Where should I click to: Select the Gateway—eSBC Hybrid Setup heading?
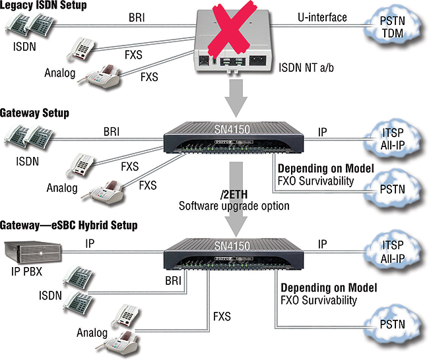[69, 225]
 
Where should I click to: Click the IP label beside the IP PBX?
[90, 243]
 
